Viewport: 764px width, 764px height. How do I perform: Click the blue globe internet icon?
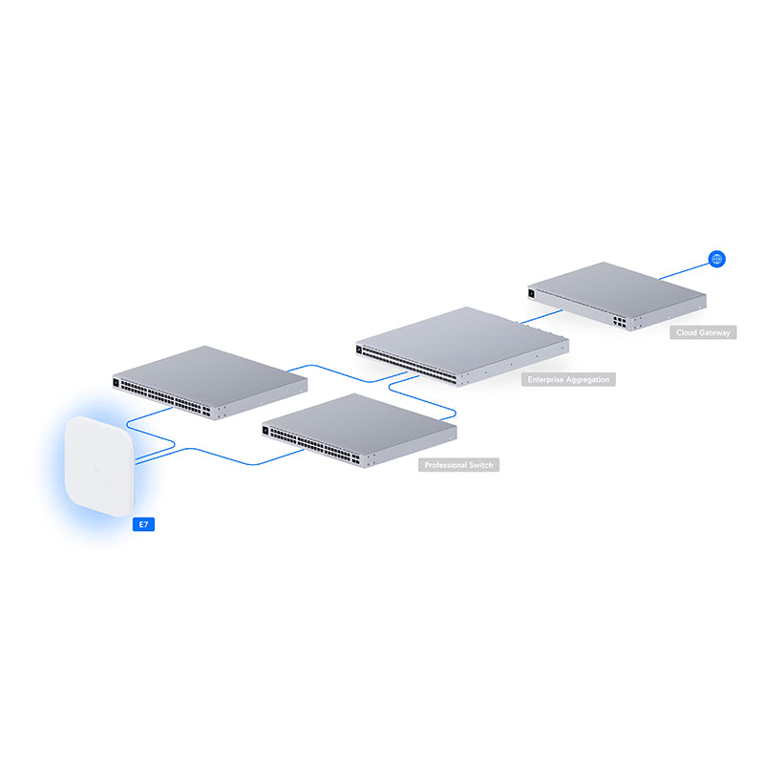coord(717,259)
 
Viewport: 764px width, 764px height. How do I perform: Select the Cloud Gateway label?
coord(703,332)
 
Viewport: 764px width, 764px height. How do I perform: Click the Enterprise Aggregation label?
coord(568,380)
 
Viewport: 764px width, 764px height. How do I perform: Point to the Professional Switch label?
coord(459,465)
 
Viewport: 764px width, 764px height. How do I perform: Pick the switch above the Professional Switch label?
coord(358,428)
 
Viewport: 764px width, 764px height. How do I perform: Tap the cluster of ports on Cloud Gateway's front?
coord(621,322)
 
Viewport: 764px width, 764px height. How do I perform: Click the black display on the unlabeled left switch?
coord(117,384)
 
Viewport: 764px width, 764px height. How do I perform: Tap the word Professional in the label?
coord(445,465)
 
